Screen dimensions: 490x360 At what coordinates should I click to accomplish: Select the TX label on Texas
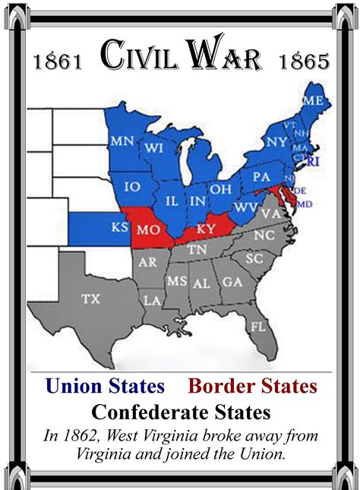91,299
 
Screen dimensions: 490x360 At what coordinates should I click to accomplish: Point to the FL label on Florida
258,327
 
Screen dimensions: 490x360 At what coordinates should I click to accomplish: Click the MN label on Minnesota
122,141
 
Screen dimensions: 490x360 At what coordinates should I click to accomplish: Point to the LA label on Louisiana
153,301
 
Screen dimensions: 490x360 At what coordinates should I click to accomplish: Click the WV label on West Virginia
245,206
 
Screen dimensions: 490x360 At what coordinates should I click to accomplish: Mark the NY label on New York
276,141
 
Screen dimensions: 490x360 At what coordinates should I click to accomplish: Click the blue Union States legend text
105,386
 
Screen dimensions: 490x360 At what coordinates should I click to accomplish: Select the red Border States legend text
252,386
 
